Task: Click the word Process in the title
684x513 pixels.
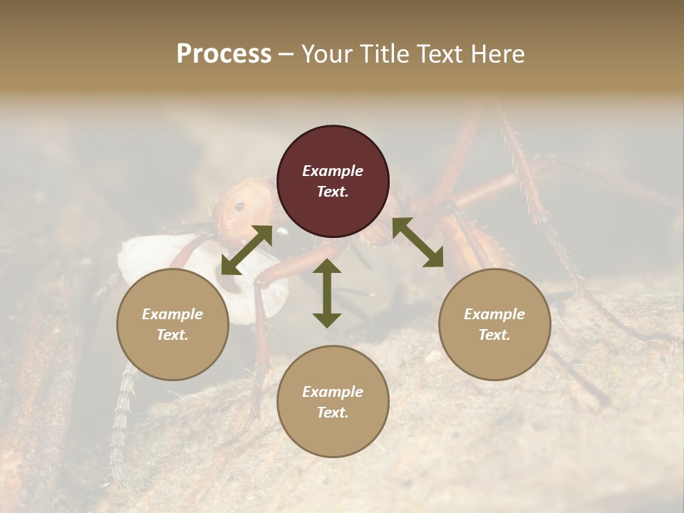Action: [x=224, y=54]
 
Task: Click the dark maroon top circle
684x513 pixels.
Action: [x=333, y=181]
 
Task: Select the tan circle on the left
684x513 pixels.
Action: [x=172, y=324]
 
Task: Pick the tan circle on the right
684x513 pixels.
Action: [x=494, y=324]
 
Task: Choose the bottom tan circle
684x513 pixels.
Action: [x=333, y=401]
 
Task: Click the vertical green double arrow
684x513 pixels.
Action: [x=327, y=293]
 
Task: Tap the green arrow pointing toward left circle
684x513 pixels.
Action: [x=247, y=249]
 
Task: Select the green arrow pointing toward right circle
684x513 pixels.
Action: [x=418, y=242]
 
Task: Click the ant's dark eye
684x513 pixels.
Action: [x=239, y=207]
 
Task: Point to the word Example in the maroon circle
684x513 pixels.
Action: [x=333, y=171]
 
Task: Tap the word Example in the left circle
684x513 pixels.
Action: [x=172, y=314]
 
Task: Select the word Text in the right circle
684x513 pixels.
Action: [x=494, y=335]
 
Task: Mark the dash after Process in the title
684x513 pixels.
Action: [x=286, y=55]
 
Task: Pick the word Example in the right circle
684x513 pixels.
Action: [x=494, y=314]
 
